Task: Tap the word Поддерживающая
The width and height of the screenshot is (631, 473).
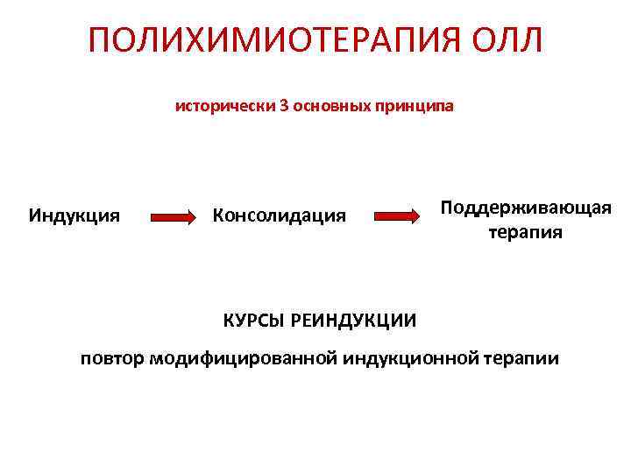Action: coord(525,208)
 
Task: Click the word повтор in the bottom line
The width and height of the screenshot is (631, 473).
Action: coord(113,358)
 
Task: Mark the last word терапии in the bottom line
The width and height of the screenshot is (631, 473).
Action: coord(521,358)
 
